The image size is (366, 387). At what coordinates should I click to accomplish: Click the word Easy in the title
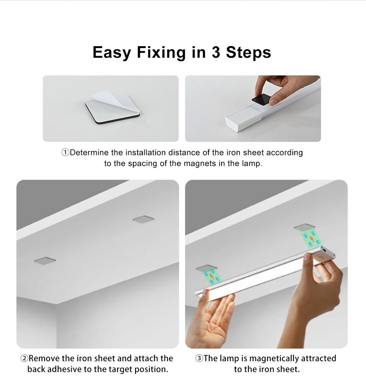(112, 52)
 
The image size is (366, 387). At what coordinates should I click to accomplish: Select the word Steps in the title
(248, 52)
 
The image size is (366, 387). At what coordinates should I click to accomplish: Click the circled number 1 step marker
(65, 153)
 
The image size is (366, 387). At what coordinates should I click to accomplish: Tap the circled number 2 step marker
(24, 359)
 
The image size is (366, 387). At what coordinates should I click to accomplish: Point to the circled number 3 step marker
(199, 359)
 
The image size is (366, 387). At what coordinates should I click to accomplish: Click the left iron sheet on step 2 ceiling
(45, 261)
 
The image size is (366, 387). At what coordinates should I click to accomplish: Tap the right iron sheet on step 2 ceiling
(143, 219)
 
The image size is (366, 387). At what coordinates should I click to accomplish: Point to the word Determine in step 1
(89, 153)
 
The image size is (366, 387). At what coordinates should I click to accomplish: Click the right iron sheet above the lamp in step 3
(304, 227)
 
